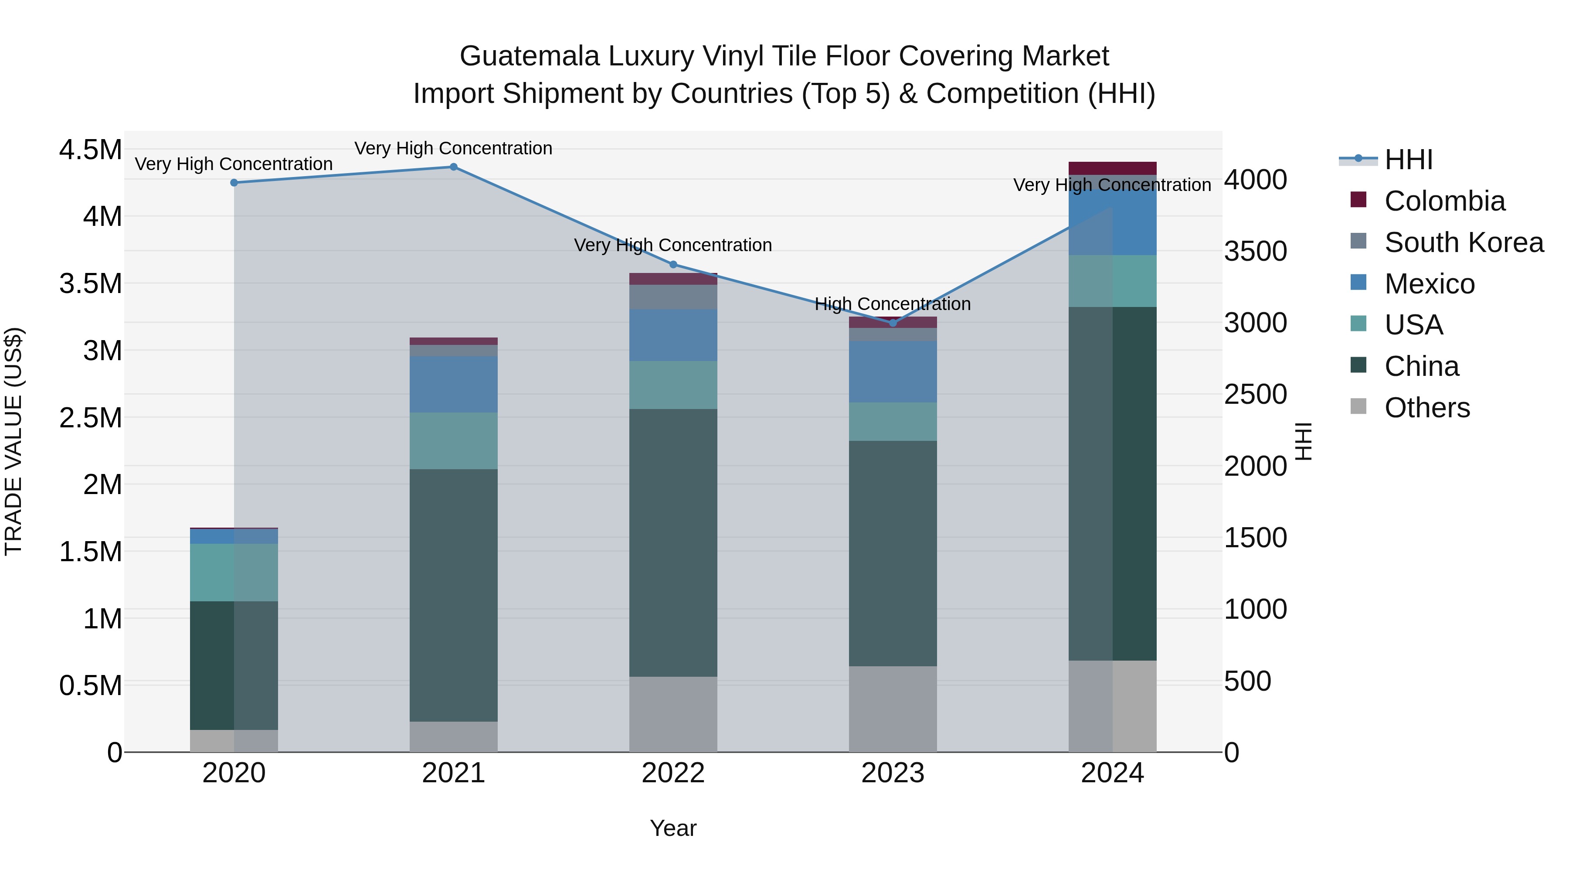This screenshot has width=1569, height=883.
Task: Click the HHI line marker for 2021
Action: pyautogui.click(x=453, y=167)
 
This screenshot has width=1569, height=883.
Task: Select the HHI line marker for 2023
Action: pyautogui.click(x=893, y=323)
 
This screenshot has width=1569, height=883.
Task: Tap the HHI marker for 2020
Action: pyautogui.click(x=234, y=183)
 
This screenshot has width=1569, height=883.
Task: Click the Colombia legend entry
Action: pyautogui.click(x=1443, y=201)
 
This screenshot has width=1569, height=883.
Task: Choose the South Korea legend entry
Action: pyautogui.click(x=1463, y=242)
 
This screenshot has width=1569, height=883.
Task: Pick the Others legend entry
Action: pyautogui.click(x=1426, y=408)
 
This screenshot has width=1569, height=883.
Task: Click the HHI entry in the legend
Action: pyautogui.click(x=1408, y=160)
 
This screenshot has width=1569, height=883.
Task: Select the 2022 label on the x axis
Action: pyautogui.click(x=673, y=773)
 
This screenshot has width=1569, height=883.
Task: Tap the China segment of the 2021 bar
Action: pyautogui.click(x=453, y=595)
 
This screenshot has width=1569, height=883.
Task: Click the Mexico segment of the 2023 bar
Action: pyautogui.click(x=893, y=372)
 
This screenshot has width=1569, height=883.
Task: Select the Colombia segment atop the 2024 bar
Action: pyautogui.click(x=1112, y=168)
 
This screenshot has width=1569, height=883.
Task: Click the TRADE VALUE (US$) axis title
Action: pyautogui.click(x=14, y=441)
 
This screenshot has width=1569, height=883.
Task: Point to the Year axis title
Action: pyautogui.click(x=673, y=828)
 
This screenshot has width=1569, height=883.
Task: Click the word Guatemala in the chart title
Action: pyautogui.click(x=529, y=56)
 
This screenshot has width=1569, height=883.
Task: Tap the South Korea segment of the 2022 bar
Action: pyautogui.click(x=673, y=297)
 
